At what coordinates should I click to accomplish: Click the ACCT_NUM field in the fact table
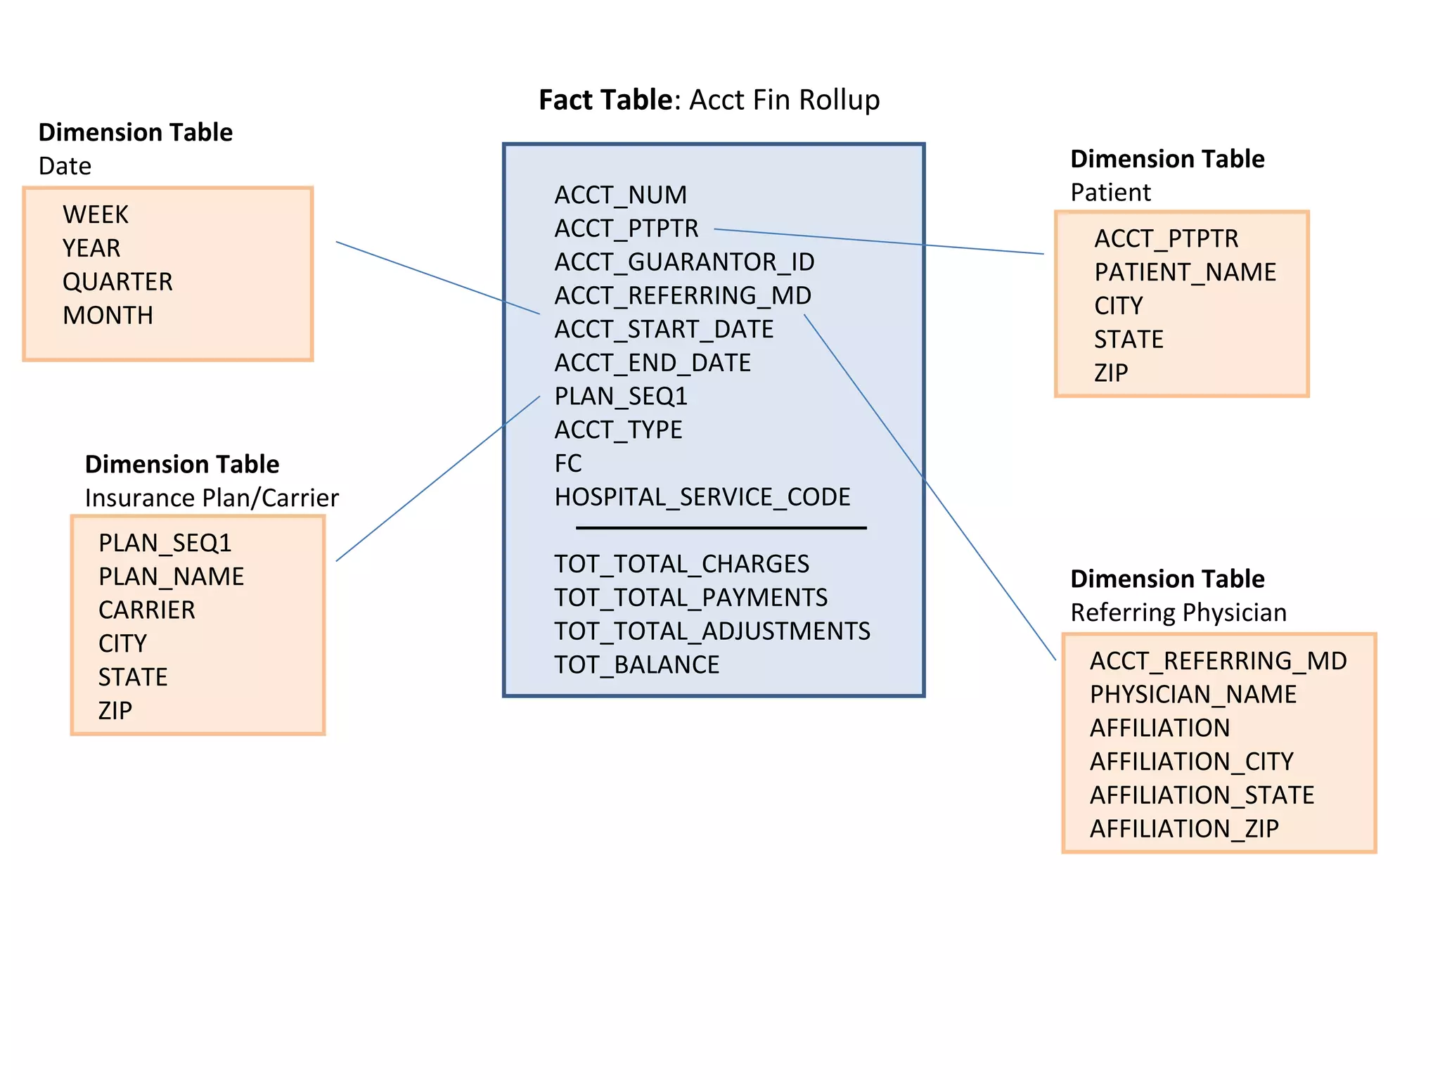pos(620,195)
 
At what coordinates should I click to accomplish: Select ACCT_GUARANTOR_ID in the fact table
pos(684,262)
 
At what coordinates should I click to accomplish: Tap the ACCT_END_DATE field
pos(652,363)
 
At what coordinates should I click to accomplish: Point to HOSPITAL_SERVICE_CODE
pos(702,497)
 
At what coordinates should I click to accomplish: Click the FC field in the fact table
pos(567,463)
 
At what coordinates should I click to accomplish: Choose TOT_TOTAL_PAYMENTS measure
pos(690,598)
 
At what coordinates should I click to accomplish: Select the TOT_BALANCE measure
pos(636,665)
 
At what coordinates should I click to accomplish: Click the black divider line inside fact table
pos(721,528)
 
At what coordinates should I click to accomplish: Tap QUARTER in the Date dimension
pos(117,282)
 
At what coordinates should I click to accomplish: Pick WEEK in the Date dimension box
pos(96,214)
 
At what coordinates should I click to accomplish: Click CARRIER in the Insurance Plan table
pos(146,610)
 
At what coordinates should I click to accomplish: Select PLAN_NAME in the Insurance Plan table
pos(171,577)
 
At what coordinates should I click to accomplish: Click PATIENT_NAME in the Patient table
pos(1185,272)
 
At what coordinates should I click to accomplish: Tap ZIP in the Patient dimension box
pos(1110,373)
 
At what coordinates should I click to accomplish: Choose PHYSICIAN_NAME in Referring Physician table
pos(1192,695)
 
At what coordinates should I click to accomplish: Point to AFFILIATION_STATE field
pos(1202,795)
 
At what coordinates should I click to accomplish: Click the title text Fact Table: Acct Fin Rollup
pos(709,100)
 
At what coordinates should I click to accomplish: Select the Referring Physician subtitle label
pos(1178,613)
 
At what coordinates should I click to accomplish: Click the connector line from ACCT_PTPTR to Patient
pos(879,241)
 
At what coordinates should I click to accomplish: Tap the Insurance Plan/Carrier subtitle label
pos(212,499)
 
